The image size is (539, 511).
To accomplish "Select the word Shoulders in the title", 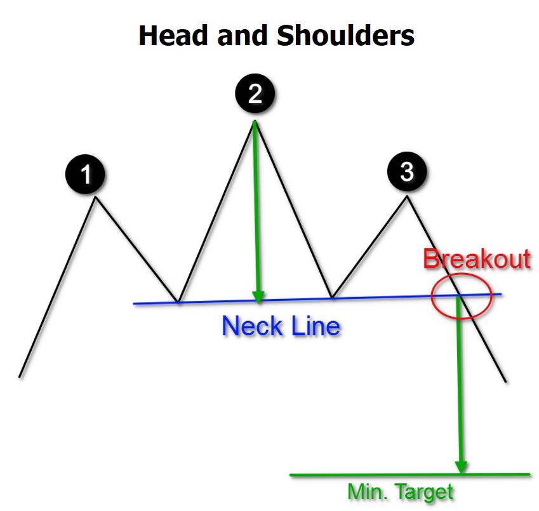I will [x=345, y=36].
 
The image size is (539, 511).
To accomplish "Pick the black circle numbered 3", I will [x=407, y=171].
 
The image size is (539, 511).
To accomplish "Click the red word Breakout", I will [x=476, y=260].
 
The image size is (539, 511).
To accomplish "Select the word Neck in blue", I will [x=250, y=326].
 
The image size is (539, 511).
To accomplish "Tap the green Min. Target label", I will [x=401, y=492].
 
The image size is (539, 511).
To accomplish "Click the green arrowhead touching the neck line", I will [x=258, y=295].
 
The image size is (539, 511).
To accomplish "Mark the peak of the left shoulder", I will [x=96, y=198].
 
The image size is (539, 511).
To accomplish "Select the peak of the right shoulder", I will [x=407, y=196].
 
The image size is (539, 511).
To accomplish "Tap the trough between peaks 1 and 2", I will [x=179, y=302].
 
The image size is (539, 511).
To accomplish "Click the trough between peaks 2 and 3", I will [x=331, y=297].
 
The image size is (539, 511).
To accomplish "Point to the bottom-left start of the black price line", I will [x=20, y=376].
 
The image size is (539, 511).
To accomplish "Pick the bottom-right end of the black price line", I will [x=506, y=382].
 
